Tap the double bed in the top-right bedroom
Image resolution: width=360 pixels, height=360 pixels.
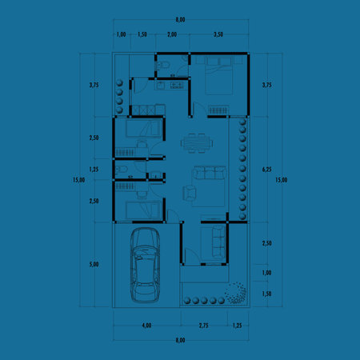pos(218,77)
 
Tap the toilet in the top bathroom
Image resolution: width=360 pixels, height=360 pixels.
pos(162,65)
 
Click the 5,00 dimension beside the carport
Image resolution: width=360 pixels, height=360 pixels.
pos(94,264)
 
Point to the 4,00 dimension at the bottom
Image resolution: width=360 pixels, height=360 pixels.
pos(146,326)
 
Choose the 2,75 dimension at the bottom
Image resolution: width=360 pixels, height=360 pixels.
pos(203,326)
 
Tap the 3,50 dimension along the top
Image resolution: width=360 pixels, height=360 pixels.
pos(218,35)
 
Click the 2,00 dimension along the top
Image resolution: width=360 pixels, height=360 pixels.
pos(172,35)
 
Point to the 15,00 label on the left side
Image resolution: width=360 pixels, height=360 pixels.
pos(78,180)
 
